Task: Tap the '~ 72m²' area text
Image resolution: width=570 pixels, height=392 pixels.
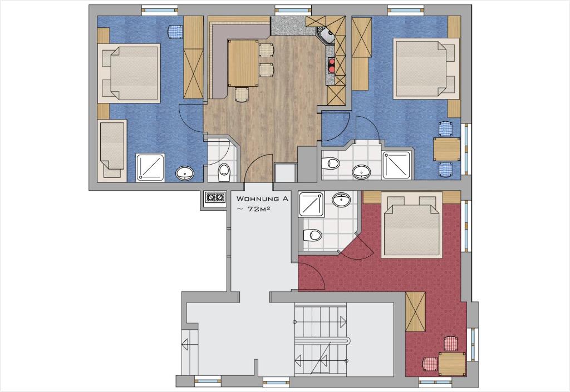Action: click(254, 209)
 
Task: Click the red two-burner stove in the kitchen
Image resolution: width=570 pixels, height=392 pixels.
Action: click(331, 65)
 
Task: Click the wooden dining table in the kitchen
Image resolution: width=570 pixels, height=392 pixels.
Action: click(243, 63)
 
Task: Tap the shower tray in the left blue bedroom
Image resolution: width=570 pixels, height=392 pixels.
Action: click(150, 167)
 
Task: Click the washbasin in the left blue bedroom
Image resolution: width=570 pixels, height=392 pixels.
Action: click(185, 173)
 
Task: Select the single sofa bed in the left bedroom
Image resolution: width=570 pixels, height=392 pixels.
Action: click(112, 150)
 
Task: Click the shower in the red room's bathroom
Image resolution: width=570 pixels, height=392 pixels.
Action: click(311, 205)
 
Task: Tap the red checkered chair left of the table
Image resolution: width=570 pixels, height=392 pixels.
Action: click(430, 363)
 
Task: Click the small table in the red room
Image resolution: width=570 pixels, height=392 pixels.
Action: click(452, 363)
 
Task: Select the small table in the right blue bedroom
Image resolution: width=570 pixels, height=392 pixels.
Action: click(447, 149)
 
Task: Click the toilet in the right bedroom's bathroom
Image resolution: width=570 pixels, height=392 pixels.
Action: click(331, 163)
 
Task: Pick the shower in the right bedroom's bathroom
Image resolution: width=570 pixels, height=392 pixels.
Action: click(397, 165)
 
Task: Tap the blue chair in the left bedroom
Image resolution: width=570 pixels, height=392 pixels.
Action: click(175, 32)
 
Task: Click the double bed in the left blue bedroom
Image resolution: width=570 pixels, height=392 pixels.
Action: click(129, 73)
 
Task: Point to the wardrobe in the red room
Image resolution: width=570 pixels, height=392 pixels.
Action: click(415, 312)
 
